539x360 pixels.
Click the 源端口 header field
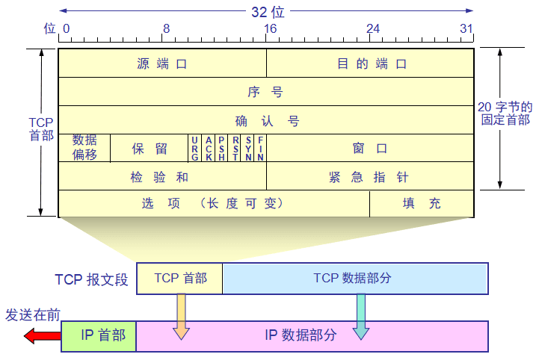162,63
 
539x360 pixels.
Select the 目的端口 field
371,63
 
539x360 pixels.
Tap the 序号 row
265,92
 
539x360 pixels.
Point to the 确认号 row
265,120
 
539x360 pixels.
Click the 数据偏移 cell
84,148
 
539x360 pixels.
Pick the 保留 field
150,148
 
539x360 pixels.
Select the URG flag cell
195,148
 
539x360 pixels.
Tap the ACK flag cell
209,148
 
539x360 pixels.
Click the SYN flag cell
247,148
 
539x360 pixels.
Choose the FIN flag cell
260,148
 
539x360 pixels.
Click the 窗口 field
371,148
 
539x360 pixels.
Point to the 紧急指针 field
371,176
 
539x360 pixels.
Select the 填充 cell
422,203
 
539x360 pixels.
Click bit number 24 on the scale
372,29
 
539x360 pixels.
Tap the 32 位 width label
267,11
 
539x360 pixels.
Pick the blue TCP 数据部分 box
355,278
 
